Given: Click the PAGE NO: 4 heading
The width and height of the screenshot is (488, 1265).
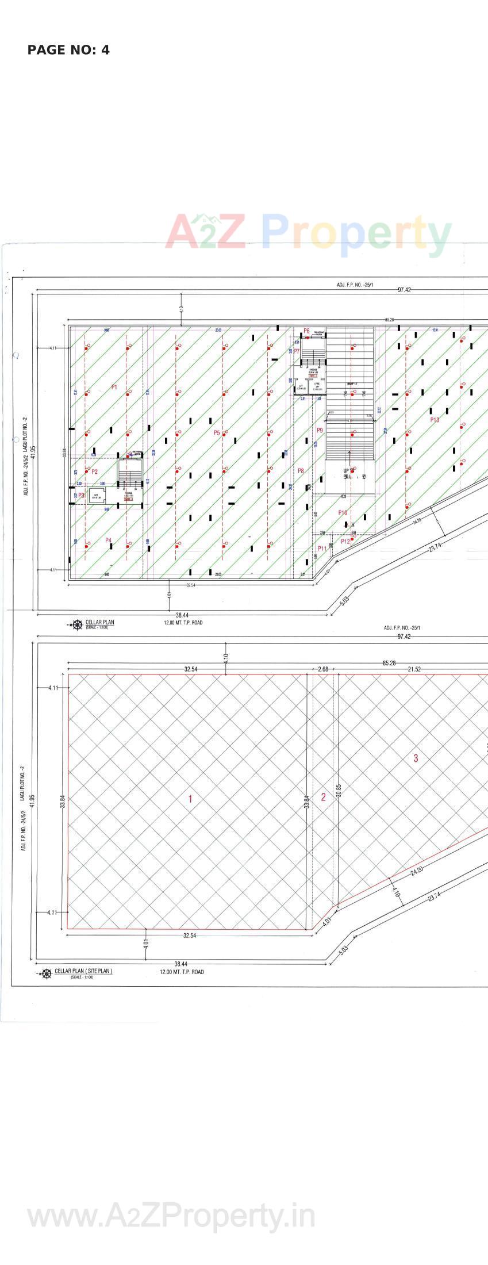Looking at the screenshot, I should pyautogui.click(x=68, y=50).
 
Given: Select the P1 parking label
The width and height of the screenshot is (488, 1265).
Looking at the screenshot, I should pyautogui.click(x=114, y=388).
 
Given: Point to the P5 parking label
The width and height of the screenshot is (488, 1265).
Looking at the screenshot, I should pyautogui.click(x=217, y=432).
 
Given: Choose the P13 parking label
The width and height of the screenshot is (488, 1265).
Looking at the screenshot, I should pyautogui.click(x=435, y=420).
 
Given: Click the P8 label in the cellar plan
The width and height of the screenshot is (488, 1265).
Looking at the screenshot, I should pyautogui.click(x=301, y=471).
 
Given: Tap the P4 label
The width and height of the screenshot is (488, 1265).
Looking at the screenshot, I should pyautogui.click(x=108, y=540).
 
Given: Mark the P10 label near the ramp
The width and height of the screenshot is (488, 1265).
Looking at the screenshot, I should pyautogui.click(x=343, y=512).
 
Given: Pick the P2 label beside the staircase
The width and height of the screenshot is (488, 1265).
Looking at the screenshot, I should pyautogui.click(x=95, y=471).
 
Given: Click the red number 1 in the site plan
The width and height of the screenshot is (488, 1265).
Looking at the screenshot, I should pyautogui.click(x=190, y=799).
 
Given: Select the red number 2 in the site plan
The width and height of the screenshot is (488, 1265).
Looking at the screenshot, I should pyautogui.click(x=323, y=797).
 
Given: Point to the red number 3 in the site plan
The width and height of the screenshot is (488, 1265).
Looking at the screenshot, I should pyautogui.click(x=416, y=758).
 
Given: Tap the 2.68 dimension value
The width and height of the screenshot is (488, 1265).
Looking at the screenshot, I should pyautogui.click(x=323, y=669).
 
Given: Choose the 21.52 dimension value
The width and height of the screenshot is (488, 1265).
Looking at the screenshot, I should pyautogui.click(x=414, y=669).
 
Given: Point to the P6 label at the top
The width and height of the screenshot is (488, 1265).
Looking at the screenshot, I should pyautogui.click(x=306, y=331).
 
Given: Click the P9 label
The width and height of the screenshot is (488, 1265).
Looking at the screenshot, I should pyautogui.click(x=320, y=430).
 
